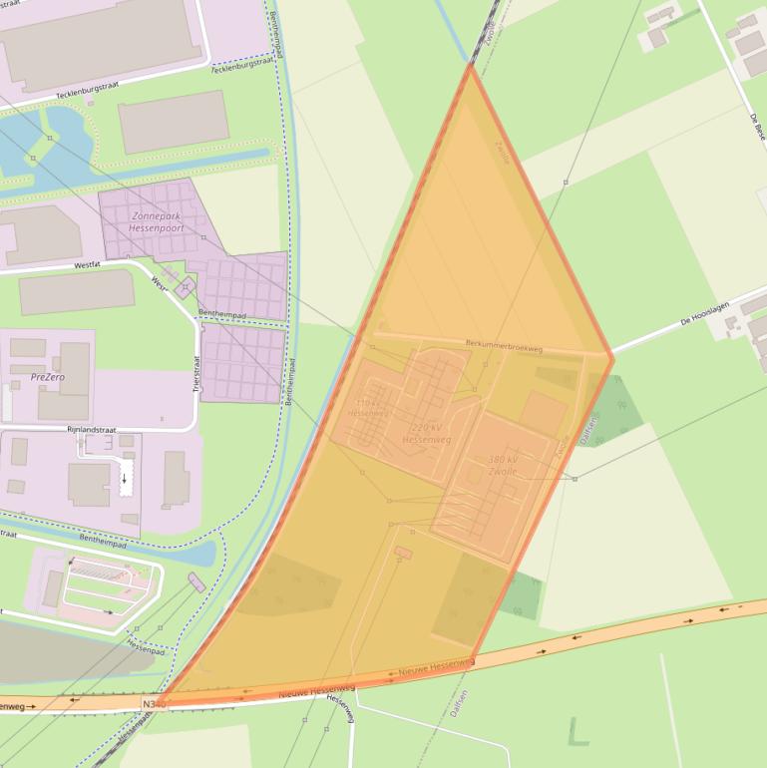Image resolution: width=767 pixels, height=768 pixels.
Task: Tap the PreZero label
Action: (x=48, y=378)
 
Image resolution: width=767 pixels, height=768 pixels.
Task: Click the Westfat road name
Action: (x=89, y=266)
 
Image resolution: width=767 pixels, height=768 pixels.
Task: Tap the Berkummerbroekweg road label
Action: (x=504, y=346)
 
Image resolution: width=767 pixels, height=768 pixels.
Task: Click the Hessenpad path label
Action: (x=146, y=647)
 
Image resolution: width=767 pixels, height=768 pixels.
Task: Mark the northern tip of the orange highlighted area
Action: (x=470, y=65)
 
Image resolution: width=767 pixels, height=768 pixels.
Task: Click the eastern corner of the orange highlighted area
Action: (x=611, y=356)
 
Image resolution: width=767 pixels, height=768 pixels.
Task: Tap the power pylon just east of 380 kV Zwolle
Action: (x=575, y=479)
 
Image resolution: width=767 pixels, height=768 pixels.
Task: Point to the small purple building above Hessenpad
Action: (x=196, y=582)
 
